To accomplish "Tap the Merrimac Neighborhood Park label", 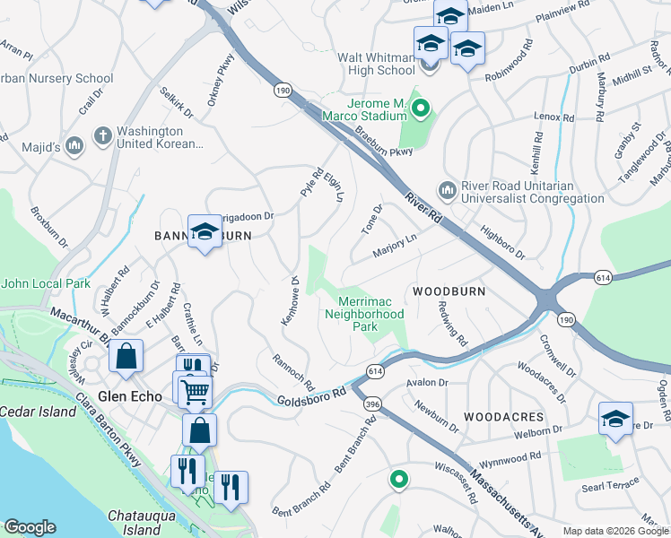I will (364, 315).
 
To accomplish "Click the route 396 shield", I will (370, 405).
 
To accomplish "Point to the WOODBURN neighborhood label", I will (449, 292).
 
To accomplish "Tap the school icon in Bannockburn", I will (205, 233).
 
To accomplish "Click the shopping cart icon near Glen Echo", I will (195, 391).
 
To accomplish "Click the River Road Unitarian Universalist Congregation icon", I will (446, 190).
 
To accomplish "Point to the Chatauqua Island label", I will (139, 523).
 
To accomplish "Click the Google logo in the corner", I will (30, 526).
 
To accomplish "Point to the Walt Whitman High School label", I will (376, 64).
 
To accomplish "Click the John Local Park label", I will (46, 283).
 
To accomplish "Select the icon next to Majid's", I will (74, 143).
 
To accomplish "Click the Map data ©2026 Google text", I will (614, 531).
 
